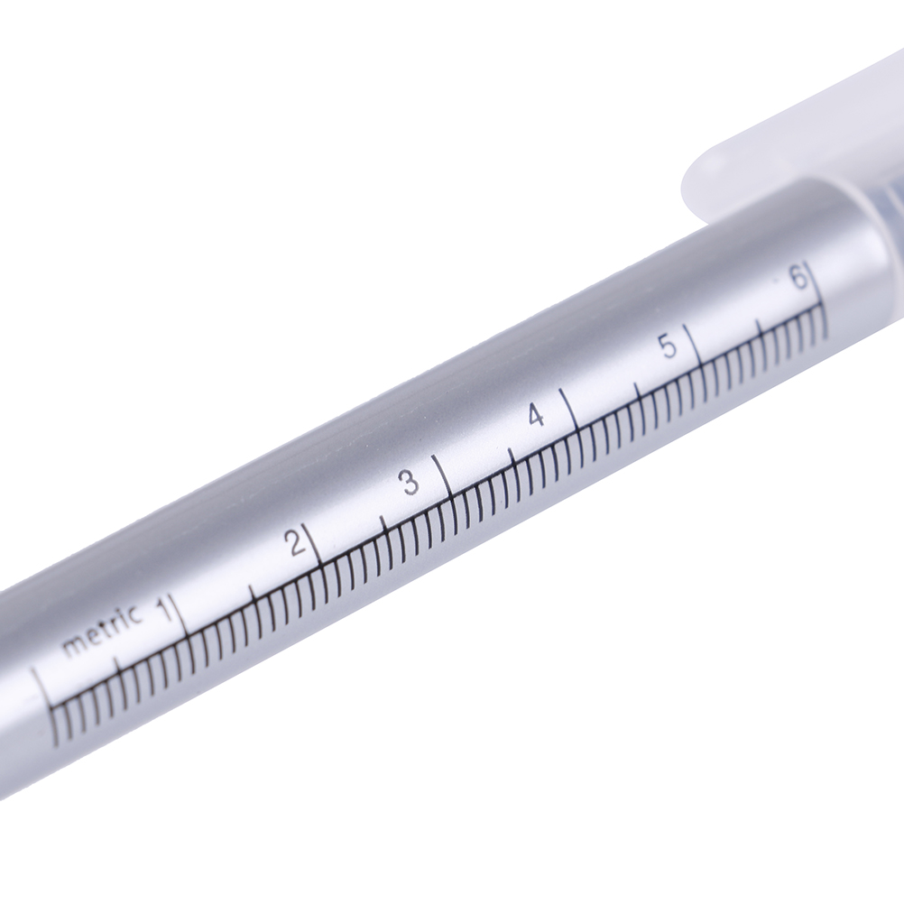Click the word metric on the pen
[x=101, y=631]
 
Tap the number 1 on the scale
[x=167, y=609]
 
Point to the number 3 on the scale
[x=410, y=482]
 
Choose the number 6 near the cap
[x=798, y=279]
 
